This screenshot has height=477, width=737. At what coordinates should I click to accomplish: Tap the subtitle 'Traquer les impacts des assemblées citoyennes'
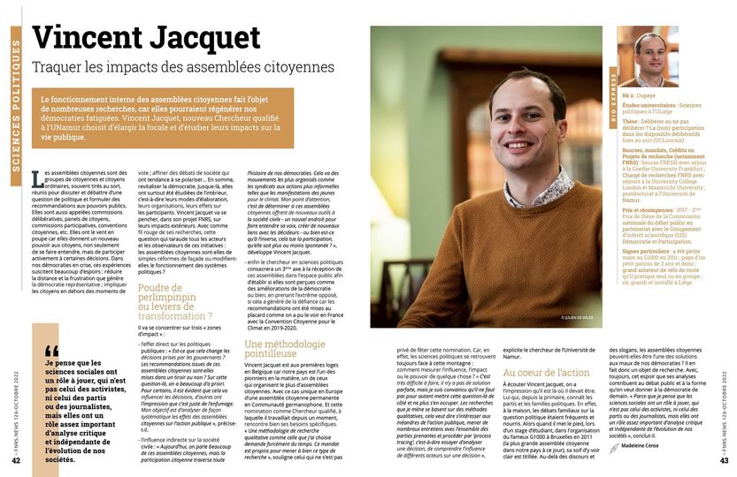(182, 66)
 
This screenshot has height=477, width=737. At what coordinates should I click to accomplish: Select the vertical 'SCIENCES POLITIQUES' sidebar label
(16, 97)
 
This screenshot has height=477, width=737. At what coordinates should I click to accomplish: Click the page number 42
(16, 459)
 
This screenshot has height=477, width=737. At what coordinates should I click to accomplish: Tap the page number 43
(723, 459)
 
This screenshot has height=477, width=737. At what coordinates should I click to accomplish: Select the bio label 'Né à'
(629, 92)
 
